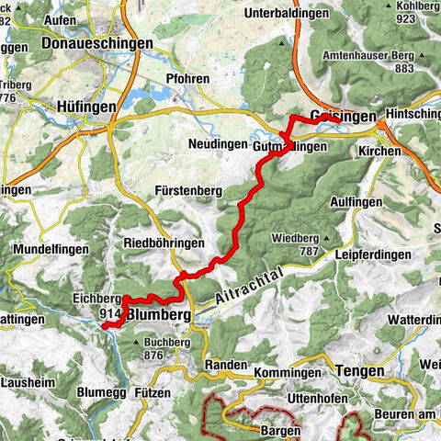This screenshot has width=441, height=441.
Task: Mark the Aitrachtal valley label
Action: (x=250, y=288)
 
